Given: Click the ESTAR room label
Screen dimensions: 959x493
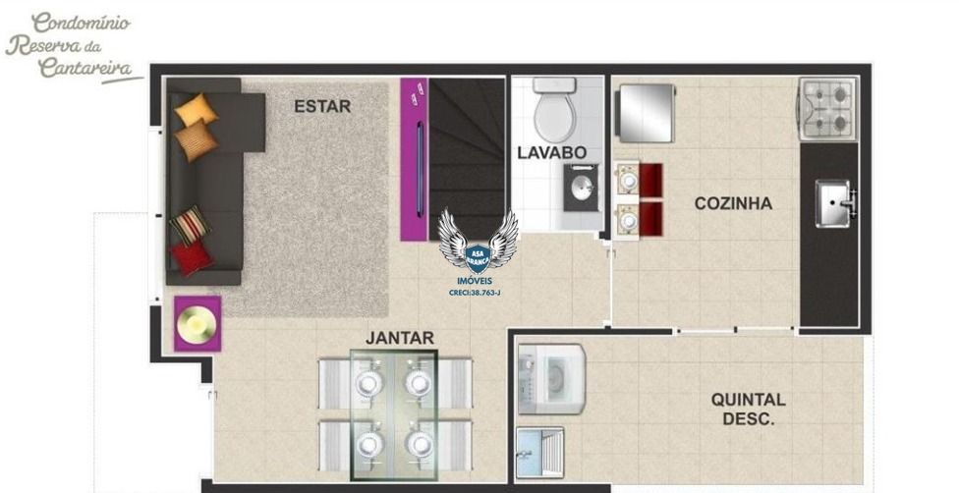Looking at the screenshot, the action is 322,106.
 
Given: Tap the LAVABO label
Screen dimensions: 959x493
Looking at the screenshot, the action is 551,153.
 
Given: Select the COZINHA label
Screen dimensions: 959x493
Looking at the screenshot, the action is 733,203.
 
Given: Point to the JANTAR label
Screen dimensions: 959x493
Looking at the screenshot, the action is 399,338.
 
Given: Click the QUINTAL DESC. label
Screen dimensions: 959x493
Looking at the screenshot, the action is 748,410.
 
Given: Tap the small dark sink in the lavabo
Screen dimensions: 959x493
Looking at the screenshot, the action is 581,188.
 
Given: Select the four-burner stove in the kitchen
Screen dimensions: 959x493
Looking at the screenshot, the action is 827,109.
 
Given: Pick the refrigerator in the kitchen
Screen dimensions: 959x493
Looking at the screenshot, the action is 647,113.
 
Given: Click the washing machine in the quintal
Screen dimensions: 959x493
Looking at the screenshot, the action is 551,379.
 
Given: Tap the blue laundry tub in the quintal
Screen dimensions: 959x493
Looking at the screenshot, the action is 539,453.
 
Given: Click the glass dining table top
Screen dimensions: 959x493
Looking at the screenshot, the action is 394,414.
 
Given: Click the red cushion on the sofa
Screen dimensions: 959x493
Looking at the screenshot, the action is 192,257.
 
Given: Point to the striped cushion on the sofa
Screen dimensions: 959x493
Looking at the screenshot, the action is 191,225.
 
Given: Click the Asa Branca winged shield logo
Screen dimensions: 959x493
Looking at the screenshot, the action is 478,242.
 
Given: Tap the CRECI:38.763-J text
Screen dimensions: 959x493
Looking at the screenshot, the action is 475,293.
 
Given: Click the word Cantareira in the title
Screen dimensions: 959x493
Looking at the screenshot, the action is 85,68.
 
